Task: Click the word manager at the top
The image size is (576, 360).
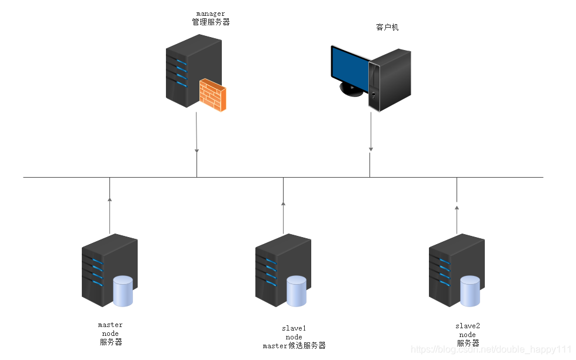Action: tap(211, 14)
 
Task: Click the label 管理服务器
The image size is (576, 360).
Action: tap(211, 22)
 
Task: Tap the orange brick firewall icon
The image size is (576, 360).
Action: tap(212, 95)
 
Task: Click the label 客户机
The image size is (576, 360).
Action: tap(387, 27)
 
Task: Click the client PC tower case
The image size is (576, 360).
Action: tap(389, 79)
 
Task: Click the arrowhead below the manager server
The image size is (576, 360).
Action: tap(197, 151)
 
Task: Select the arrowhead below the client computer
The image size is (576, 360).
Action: tap(370, 149)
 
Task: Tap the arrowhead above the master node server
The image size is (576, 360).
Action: tap(110, 200)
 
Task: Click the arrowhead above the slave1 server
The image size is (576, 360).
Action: tap(283, 203)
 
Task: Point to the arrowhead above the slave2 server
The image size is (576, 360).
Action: tap(457, 206)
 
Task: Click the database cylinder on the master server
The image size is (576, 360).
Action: tap(123, 291)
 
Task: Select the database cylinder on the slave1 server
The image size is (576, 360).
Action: tap(297, 291)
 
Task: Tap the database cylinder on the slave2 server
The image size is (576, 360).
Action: tap(470, 291)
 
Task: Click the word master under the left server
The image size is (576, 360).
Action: tap(111, 325)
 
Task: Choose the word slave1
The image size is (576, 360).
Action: tap(294, 328)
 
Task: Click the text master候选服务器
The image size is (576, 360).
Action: tap(294, 346)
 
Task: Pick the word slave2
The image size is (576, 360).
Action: tap(468, 326)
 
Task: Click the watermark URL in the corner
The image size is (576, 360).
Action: tap(491, 350)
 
